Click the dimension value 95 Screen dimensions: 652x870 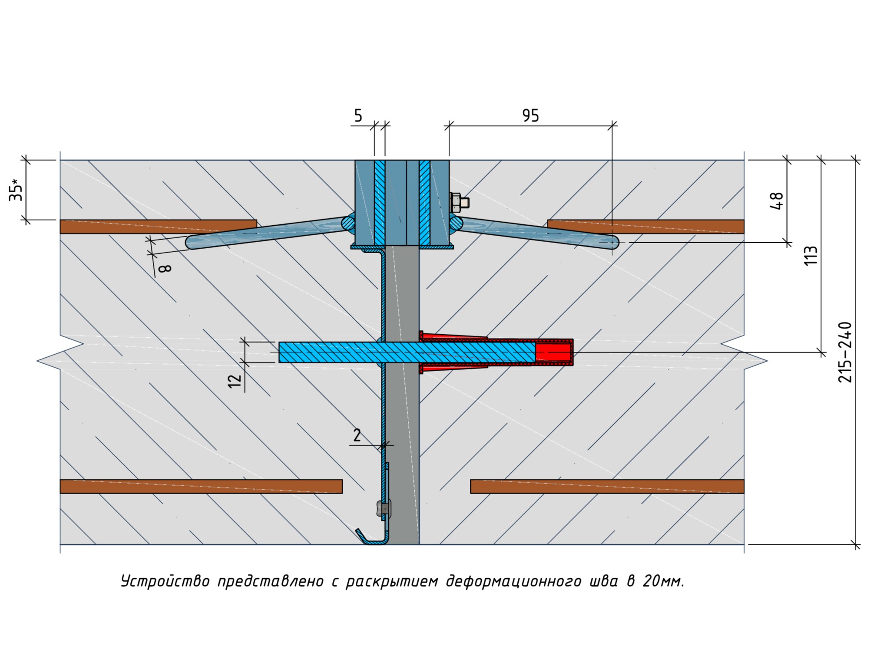530,115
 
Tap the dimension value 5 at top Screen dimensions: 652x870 358,115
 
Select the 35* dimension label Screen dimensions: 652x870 17,190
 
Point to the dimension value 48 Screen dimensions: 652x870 776,201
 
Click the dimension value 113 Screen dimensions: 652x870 810,256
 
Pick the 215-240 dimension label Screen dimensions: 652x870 845,352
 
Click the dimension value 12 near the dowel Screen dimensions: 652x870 235,380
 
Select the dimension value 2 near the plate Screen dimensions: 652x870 357,435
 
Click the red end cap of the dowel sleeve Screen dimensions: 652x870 554,352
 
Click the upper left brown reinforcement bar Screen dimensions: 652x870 158,227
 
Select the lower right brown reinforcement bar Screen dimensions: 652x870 607,486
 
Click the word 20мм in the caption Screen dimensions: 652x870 663,581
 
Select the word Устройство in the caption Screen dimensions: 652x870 165,581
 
